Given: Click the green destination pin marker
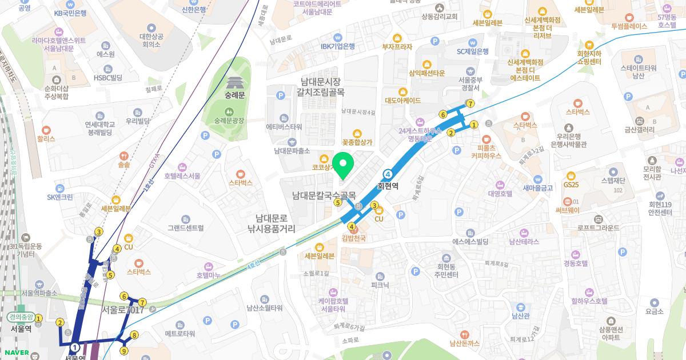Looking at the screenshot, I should pyautogui.click(x=342, y=165).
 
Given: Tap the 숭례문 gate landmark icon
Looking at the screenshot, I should pyautogui.click(x=234, y=83).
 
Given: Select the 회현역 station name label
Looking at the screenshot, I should pyautogui.click(x=388, y=186).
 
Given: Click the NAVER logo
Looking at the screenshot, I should pyautogui.click(x=16, y=351).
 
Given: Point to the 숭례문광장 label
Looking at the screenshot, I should pyautogui.click(x=229, y=121).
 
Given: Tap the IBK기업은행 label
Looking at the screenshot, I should pyautogui.click(x=337, y=46).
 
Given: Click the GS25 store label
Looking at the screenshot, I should pyautogui.click(x=571, y=185).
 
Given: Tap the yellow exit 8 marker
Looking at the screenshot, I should pyautogui.click(x=134, y=335).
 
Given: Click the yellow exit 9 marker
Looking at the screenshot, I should pyautogui.click(x=123, y=351).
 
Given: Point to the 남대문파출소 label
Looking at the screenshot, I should pyautogui.click(x=292, y=151).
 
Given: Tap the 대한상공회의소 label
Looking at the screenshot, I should pyautogui.click(x=151, y=40).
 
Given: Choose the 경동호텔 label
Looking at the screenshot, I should pyautogui.click(x=575, y=263).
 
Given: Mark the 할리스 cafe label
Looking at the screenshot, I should pyautogui.click(x=46, y=138).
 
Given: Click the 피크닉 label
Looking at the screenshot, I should pyautogui.click(x=380, y=285).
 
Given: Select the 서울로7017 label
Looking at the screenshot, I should pyautogui.click(x=122, y=310).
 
